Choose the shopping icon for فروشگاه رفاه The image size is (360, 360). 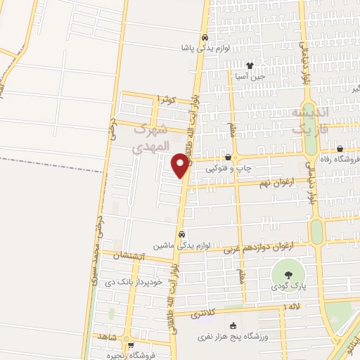(340, 149)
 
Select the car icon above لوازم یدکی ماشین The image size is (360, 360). (181, 234)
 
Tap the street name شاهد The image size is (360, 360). (108, 337)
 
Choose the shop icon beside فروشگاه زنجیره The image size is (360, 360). (131, 345)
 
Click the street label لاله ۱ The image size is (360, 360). (290, 307)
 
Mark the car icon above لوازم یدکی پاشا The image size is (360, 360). (204, 37)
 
